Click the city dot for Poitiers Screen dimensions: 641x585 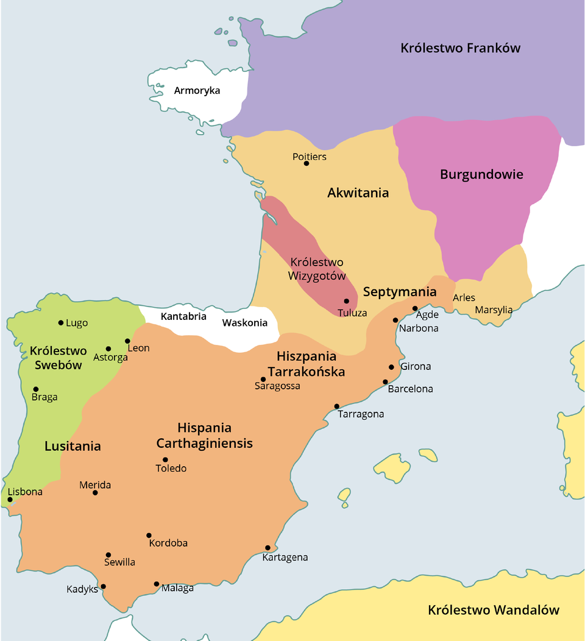coord(307,163)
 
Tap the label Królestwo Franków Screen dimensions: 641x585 coord(460,48)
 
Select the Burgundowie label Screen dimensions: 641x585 coord(481,174)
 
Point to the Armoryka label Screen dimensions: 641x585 coord(197,91)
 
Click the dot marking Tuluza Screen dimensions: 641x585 coord(346,301)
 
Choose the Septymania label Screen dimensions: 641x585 coord(400,292)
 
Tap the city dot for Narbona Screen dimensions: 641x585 coord(395,320)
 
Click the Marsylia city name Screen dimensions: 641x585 coord(494,310)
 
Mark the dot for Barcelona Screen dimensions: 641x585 coord(385,382)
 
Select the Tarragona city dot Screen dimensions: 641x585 coord(336,406)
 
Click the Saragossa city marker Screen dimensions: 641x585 coord(263,379)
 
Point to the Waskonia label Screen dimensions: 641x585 coord(244,323)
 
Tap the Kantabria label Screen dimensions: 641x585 coord(183,316)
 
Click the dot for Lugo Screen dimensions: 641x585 coord(61,323)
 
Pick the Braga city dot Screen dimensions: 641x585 coord(36,389)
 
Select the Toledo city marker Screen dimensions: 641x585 coord(165,460)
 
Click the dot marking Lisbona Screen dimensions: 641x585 coord(10,500)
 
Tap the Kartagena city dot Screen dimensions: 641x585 coord(268,548)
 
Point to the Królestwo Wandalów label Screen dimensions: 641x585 coord(493,610)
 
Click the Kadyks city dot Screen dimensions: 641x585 coord(103,587)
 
